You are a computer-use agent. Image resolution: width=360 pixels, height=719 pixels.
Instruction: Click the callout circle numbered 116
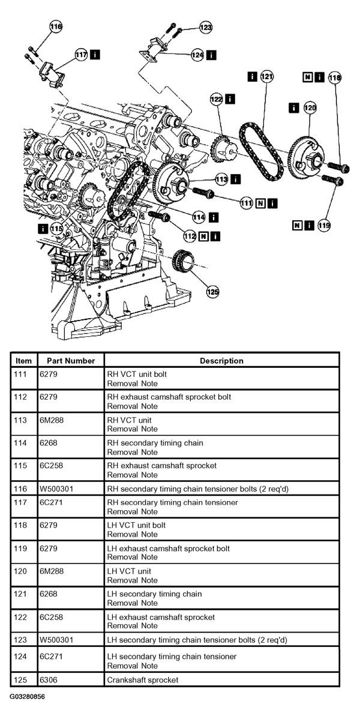56,27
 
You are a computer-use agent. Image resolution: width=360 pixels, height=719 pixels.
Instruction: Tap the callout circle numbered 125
212,291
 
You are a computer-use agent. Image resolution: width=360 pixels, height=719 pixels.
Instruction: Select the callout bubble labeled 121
266,77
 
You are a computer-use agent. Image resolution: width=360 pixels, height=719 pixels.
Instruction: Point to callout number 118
335,77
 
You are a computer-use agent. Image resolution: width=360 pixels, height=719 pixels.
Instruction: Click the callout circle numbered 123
206,28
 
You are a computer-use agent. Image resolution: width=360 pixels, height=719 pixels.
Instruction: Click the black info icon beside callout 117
95,54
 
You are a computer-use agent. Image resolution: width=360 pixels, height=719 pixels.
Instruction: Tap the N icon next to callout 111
260,202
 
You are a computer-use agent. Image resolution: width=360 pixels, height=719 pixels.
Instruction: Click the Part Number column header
71,361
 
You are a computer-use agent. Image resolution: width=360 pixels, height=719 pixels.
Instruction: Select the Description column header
221,361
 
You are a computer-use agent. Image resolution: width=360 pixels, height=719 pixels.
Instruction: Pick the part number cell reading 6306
48,679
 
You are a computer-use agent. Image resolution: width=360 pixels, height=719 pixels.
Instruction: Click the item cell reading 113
20,420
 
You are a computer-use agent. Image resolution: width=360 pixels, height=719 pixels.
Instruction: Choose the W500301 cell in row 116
56,489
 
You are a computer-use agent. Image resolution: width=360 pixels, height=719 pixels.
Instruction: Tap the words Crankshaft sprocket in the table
143,679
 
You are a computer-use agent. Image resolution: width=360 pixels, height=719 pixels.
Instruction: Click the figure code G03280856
27,697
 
